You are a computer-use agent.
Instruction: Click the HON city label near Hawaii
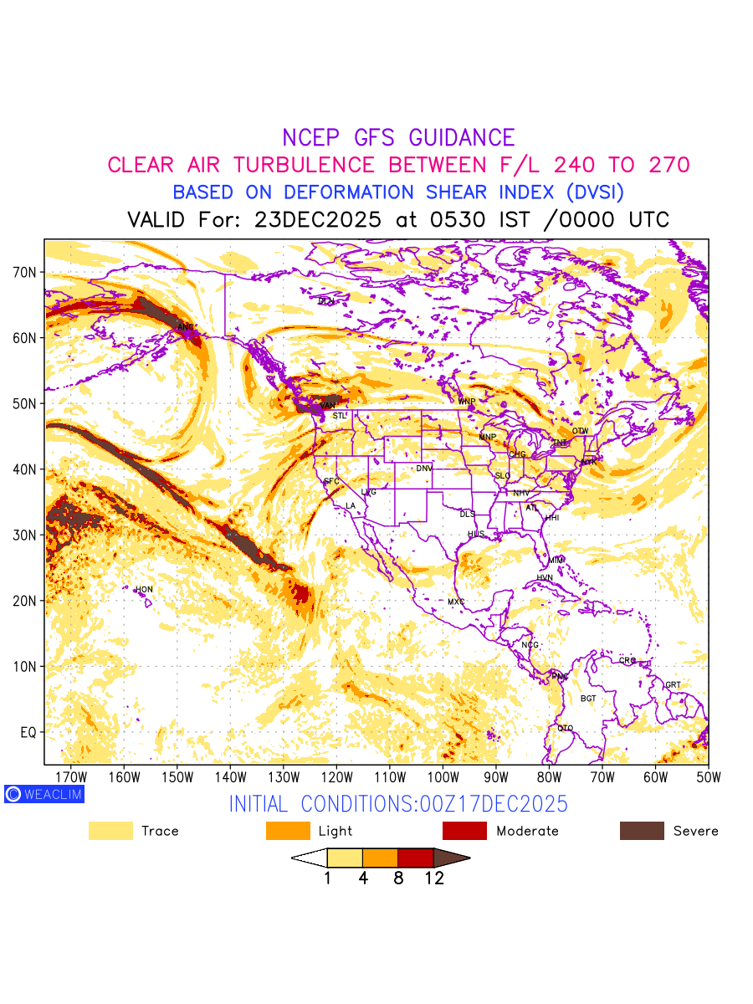click(x=145, y=590)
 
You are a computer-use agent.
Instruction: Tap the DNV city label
click(x=424, y=469)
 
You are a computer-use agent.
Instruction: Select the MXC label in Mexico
click(x=456, y=602)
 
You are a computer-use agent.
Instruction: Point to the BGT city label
click(x=588, y=698)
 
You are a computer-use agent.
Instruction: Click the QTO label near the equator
click(x=566, y=728)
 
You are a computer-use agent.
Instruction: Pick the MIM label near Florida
click(x=556, y=560)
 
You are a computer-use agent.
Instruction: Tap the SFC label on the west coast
click(x=332, y=482)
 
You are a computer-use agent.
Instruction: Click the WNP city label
click(x=466, y=402)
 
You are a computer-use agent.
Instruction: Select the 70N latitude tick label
click(x=24, y=272)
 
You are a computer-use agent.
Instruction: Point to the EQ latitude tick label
click(x=28, y=732)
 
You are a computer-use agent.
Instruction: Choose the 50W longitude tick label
click(x=708, y=777)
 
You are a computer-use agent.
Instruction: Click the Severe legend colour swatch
click(x=642, y=831)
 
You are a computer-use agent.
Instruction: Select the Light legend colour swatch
click(x=288, y=831)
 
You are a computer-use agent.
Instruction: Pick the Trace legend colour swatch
click(x=110, y=831)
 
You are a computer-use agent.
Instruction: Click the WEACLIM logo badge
click(x=44, y=794)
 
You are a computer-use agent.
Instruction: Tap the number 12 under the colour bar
click(x=433, y=878)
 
